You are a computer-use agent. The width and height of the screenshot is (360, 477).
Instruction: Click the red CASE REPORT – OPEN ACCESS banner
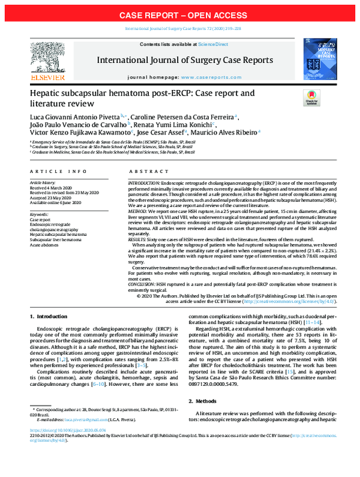(x=180, y=14)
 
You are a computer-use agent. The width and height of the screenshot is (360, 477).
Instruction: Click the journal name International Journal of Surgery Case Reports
(x=179, y=60)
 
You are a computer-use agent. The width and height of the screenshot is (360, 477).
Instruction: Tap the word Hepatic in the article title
(x=47, y=94)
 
